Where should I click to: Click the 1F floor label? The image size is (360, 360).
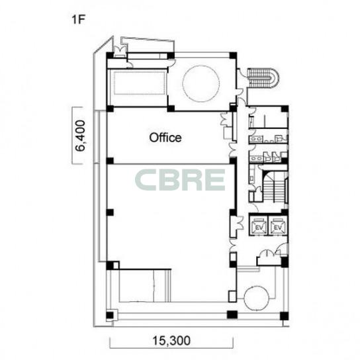tap(78, 20)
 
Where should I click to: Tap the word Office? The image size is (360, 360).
tap(165, 138)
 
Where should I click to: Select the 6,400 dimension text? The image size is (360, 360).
tap(81, 136)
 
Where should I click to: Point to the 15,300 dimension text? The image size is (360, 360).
tap(171, 340)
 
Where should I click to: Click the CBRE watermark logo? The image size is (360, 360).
tap(180, 180)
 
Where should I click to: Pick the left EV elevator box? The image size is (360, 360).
tap(259, 225)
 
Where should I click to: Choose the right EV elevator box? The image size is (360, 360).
tap(277, 225)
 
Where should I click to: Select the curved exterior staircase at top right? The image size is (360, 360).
tap(263, 77)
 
